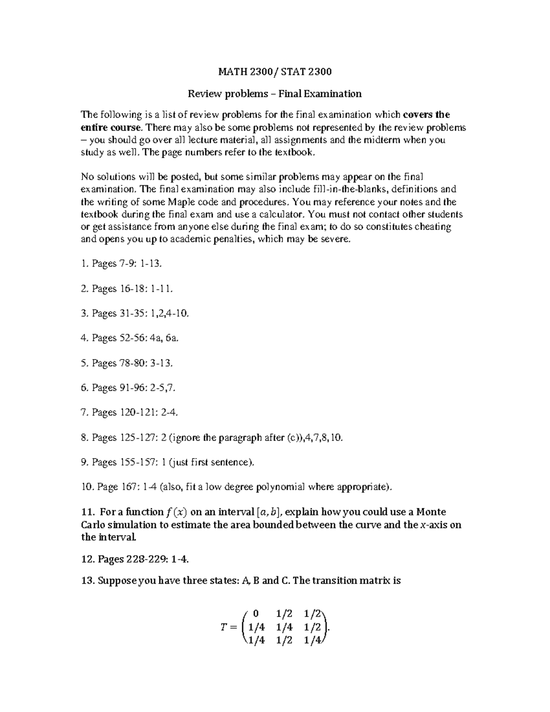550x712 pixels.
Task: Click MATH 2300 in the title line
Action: coord(239,72)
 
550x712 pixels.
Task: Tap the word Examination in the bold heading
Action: coord(333,94)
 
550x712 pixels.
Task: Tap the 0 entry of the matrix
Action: coord(255,613)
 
